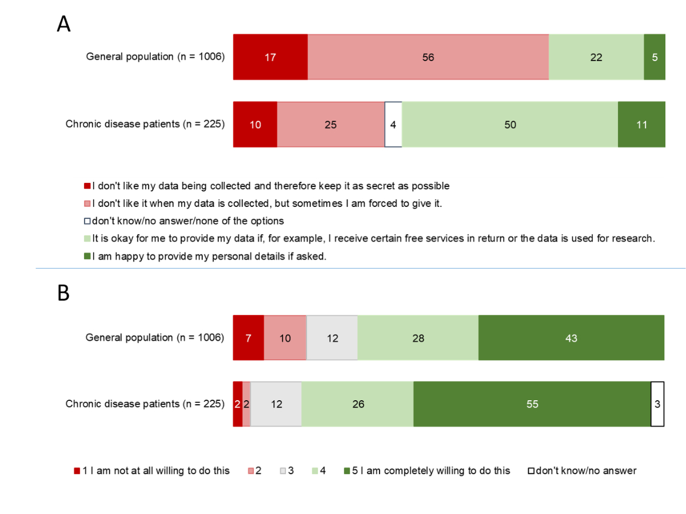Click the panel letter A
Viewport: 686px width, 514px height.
coord(63,24)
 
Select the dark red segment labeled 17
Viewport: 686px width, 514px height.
coord(270,57)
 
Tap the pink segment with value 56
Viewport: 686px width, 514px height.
coord(428,57)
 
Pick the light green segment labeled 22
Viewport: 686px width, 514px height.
coord(596,57)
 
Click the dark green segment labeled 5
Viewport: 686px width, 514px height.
coord(655,57)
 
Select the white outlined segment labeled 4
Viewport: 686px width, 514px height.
coord(393,125)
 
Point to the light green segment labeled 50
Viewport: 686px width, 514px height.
coord(510,125)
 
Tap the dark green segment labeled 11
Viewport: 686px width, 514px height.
coord(641,125)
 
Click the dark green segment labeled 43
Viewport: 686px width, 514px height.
coord(571,338)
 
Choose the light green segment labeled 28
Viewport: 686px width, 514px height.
coord(418,338)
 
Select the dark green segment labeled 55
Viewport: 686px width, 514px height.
coord(532,404)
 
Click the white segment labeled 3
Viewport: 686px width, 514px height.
coord(657,404)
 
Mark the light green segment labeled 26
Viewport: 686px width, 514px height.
coord(358,404)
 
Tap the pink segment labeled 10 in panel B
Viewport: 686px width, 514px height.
coord(285,338)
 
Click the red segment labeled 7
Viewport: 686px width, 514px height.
coord(248,338)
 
